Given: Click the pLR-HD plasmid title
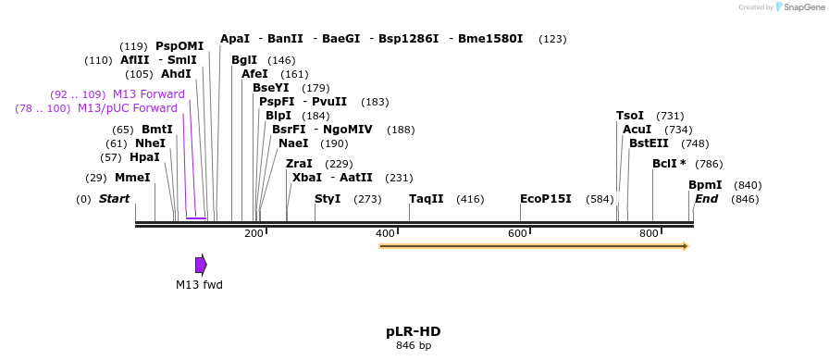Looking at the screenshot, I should tap(413, 331).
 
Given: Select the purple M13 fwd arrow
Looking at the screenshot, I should tap(201, 265).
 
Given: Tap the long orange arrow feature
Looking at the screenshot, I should tap(534, 246).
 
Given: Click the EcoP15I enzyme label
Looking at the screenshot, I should tap(545, 199).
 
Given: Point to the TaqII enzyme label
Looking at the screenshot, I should tap(427, 199).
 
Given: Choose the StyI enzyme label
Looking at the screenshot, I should tap(328, 199).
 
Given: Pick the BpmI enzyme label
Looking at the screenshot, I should tap(705, 185).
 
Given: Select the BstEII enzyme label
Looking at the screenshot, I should tap(649, 143).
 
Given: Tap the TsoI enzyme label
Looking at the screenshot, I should tap(630, 116).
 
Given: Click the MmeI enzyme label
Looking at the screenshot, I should tap(132, 178).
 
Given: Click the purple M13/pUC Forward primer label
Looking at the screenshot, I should tap(128, 108).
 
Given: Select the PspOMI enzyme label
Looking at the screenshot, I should tap(179, 46).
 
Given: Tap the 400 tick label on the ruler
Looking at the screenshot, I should tap(385, 233).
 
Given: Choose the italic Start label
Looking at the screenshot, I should tap(114, 199).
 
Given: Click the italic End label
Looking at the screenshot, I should tap(706, 199).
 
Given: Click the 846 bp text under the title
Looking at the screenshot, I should tap(413, 346).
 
